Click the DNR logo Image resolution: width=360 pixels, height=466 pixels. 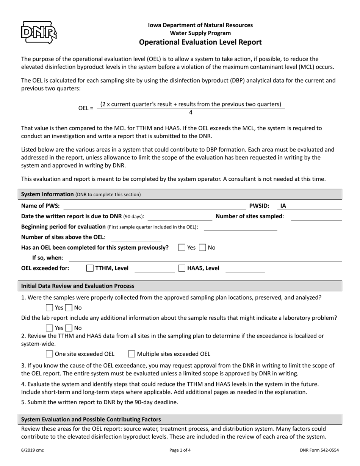click(39, 33)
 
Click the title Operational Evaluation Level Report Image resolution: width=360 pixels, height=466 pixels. click(200, 42)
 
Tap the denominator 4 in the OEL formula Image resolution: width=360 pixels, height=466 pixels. click(191, 113)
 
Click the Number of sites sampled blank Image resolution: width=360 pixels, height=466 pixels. click(316, 217)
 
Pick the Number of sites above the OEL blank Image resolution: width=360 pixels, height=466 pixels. click(136, 238)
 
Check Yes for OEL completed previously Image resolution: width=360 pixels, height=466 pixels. click(182, 247)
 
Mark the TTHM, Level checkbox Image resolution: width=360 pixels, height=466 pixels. click(90, 268)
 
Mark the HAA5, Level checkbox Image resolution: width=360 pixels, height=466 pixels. click(182, 268)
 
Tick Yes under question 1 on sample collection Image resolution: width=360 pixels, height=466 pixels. click(49, 308)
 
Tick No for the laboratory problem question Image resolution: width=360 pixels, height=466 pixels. click(69, 328)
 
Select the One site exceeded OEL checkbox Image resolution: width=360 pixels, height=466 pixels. click(49, 354)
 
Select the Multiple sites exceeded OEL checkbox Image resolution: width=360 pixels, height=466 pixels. click(131, 354)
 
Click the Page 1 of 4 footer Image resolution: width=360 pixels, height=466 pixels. click(180, 450)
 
